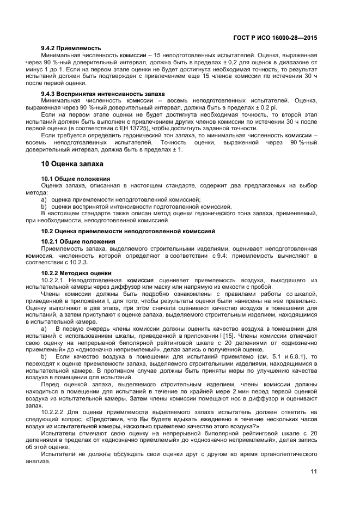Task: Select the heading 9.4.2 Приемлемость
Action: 71,48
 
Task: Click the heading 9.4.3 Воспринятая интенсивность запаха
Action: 95,94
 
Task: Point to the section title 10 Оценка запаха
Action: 72,163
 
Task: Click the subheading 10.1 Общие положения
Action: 76,179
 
